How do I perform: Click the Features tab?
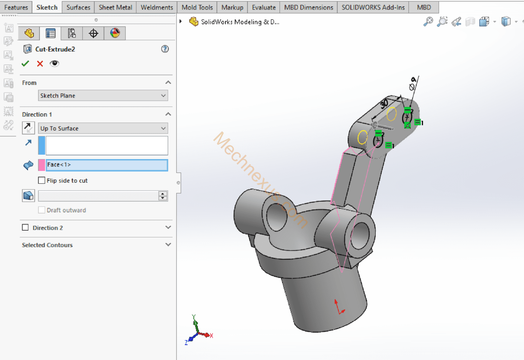pyautogui.click(x=16, y=7)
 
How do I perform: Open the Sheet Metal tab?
pyautogui.click(x=115, y=7)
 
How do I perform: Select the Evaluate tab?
pyautogui.click(x=264, y=7)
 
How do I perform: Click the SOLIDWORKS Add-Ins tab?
pyautogui.click(x=373, y=7)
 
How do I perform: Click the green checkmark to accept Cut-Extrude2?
pyautogui.click(x=25, y=63)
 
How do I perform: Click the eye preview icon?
pyautogui.click(x=54, y=63)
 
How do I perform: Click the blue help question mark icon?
pyautogui.click(x=165, y=49)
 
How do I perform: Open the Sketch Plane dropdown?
pyautogui.click(x=103, y=96)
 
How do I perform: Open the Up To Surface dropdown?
pyautogui.click(x=103, y=128)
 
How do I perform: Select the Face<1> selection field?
pyautogui.click(x=107, y=165)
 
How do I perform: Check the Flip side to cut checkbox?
pyautogui.click(x=42, y=181)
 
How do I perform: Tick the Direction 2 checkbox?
pyautogui.click(x=25, y=228)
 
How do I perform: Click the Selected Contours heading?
pyautogui.click(x=47, y=245)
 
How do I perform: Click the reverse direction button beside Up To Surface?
pyautogui.click(x=28, y=128)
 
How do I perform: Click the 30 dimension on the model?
pyautogui.click(x=384, y=103)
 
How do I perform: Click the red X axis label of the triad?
pyautogui.click(x=212, y=336)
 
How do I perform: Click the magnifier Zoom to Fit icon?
pyautogui.click(x=428, y=21)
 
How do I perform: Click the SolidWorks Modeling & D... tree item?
pyautogui.click(x=240, y=22)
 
